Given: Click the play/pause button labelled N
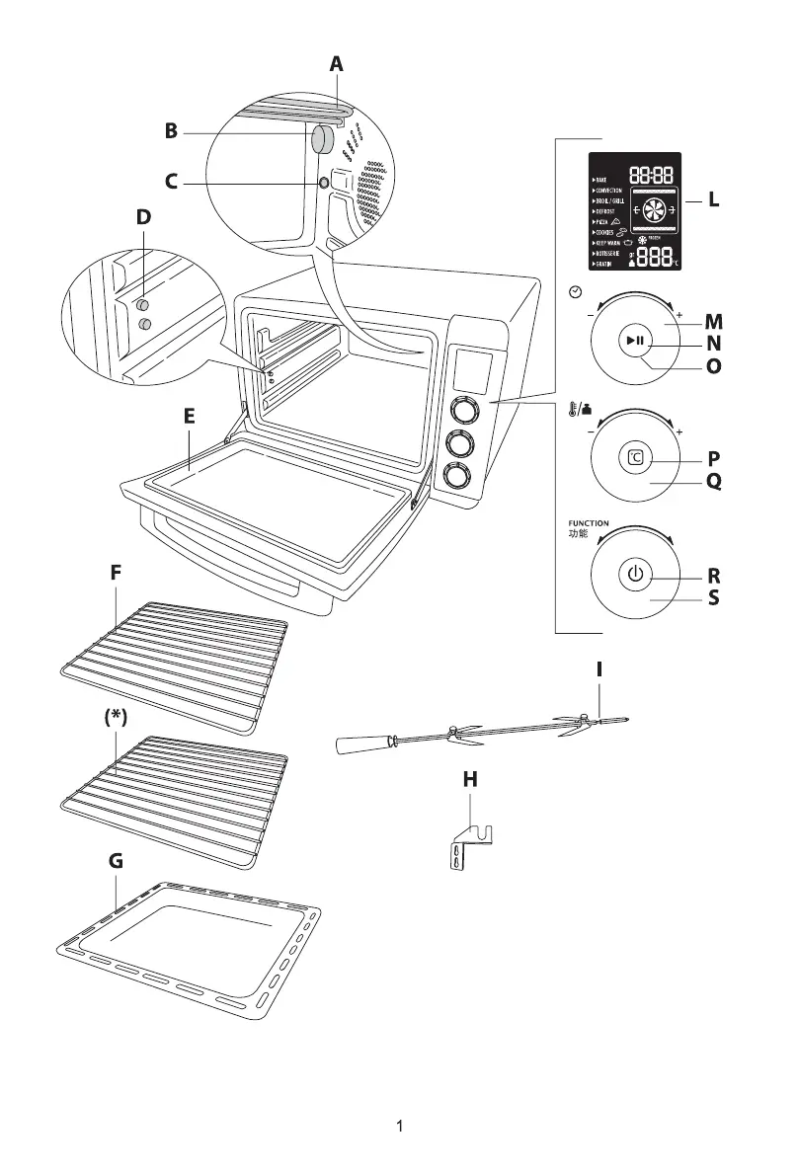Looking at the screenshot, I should click(635, 342).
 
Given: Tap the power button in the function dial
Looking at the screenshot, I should click(635, 574).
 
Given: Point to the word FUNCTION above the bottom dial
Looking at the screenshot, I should click(588, 523).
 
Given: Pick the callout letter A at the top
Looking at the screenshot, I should click(337, 64).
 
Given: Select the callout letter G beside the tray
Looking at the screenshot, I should click(116, 861).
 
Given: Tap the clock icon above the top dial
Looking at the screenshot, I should click(576, 291).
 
